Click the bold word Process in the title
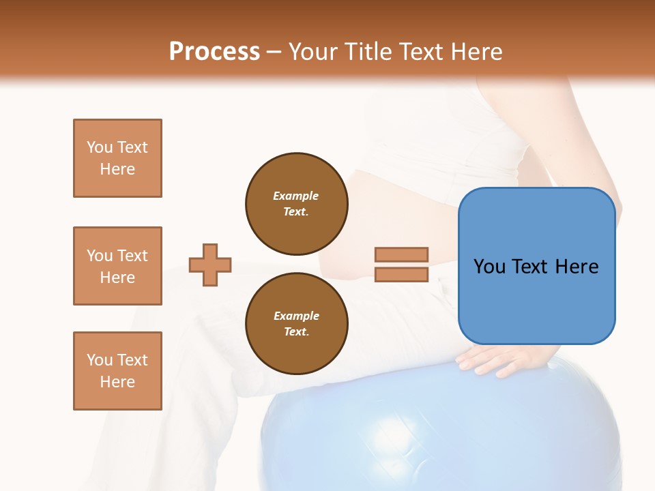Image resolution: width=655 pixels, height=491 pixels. click(x=214, y=52)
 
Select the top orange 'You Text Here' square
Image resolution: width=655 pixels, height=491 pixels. click(x=117, y=158)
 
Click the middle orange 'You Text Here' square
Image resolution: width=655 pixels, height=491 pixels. click(x=117, y=266)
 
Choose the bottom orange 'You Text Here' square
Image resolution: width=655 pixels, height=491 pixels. click(x=117, y=371)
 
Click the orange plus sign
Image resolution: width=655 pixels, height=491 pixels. click(x=210, y=265)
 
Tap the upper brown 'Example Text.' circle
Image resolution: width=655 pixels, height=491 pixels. click(x=297, y=203)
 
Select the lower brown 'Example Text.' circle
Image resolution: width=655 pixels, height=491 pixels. click(x=297, y=323)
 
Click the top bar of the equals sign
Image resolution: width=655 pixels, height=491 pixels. click(x=401, y=255)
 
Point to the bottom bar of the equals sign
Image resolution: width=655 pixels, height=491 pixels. click(x=401, y=274)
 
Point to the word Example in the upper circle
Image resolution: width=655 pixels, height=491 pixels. click(x=296, y=196)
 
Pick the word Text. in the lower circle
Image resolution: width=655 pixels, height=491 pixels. click(x=296, y=331)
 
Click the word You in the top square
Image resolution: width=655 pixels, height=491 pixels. click(x=100, y=147)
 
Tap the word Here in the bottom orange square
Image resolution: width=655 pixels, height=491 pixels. click(x=117, y=382)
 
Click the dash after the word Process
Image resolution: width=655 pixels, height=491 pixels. click(x=274, y=52)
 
